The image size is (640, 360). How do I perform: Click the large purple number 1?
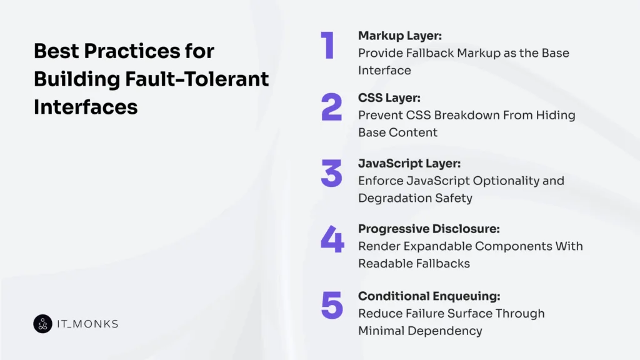coord(328,46)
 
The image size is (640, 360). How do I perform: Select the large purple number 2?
coord(332,107)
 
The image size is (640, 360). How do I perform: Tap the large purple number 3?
coord(332,173)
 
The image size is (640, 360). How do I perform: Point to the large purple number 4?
coord(332,239)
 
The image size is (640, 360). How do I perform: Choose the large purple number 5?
coord(332,305)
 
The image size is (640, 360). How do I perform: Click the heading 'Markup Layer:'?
coord(400,36)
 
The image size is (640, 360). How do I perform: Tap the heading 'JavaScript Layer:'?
coord(409,164)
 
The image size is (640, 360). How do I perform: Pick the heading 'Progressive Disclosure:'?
coord(429,229)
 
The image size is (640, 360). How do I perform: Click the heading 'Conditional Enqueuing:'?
coord(429,296)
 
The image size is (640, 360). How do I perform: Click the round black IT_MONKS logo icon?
coord(42,324)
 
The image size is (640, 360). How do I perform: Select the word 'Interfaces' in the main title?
coord(86,107)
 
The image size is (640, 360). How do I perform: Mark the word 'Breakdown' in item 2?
coord(454,115)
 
